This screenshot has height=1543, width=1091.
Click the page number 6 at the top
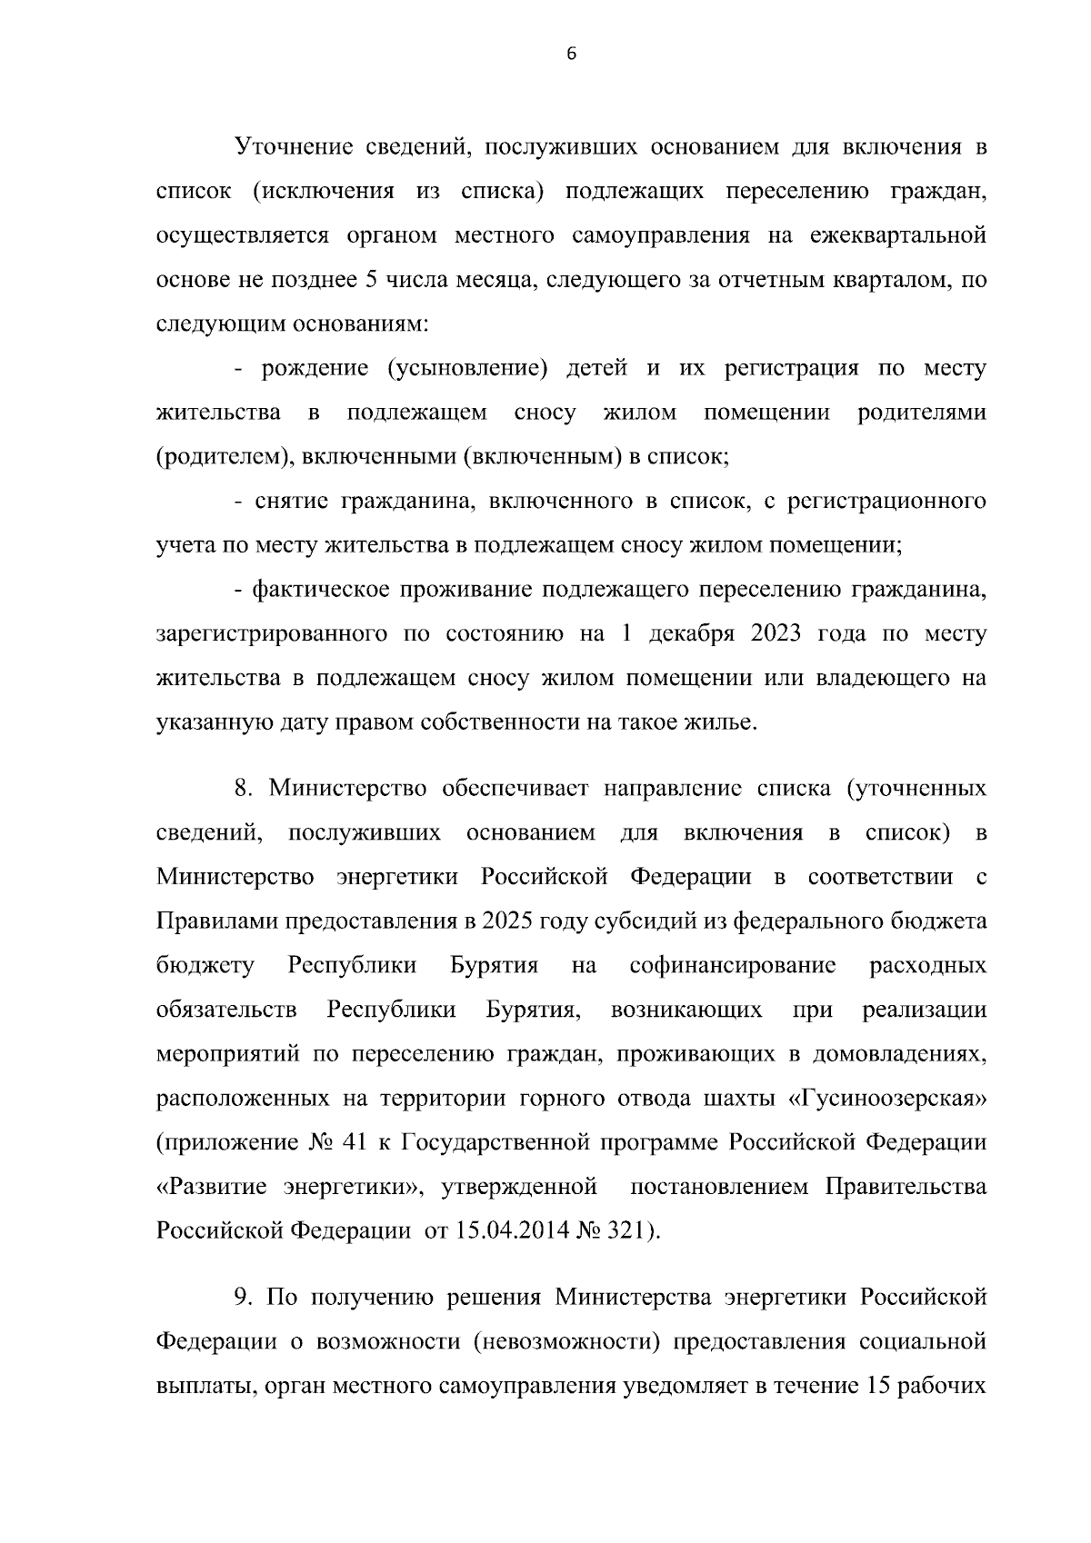571,54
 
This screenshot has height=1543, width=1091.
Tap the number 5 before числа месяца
370,280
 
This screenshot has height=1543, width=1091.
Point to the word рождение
315,369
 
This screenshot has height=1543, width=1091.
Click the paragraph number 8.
242,789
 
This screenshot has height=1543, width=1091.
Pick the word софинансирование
733,966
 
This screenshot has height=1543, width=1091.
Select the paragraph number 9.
242,1298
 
